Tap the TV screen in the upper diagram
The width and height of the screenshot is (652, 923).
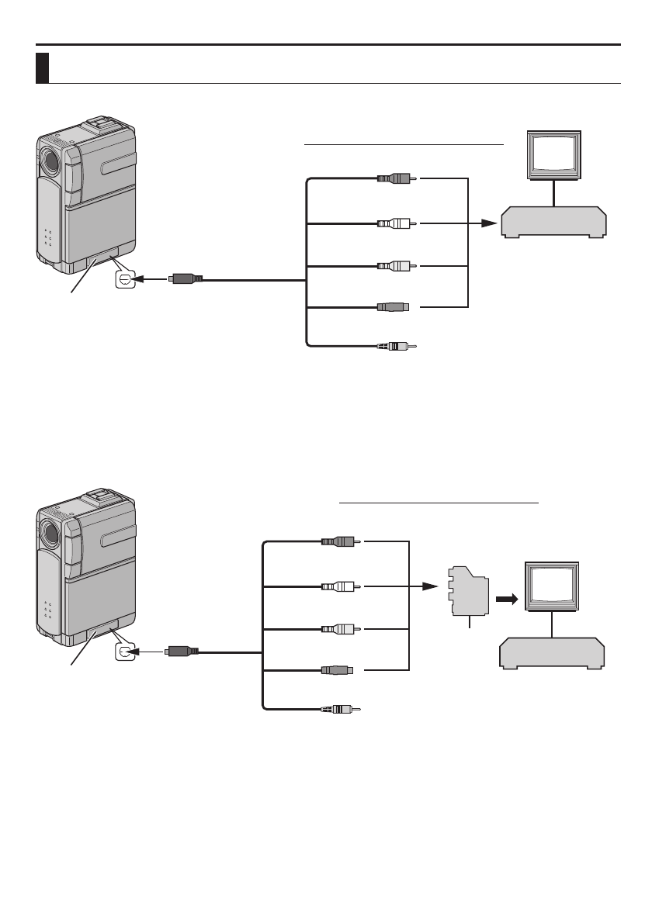pos(553,154)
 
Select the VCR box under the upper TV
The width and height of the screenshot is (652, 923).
pos(553,222)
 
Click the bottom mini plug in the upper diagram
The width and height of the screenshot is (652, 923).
pos(394,346)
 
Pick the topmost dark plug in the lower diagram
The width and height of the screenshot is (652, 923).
pos(339,542)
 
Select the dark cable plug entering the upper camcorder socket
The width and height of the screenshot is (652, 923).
pos(187,278)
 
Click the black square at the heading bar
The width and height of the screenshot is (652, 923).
pos(43,68)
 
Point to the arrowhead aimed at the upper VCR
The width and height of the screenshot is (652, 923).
pos(488,223)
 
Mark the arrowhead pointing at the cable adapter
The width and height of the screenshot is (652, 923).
pos(432,588)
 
